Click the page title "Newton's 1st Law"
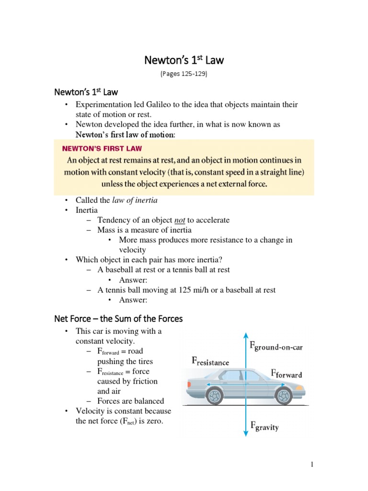click(184, 60)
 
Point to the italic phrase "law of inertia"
click(135, 200)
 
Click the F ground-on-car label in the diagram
click(276, 346)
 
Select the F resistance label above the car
click(210, 362)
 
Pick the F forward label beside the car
click(287, 374)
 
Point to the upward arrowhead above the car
click(246, 335)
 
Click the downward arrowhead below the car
click(246, 434)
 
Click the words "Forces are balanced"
click(131, 401)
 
